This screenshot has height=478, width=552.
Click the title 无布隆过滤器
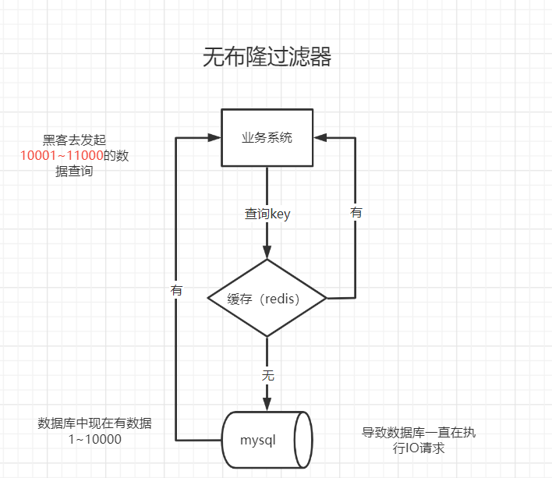[267, 58]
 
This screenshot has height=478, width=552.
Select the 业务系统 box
[267, 137]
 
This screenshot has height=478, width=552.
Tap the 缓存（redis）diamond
[267, 299]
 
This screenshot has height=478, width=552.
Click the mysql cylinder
[264, 440]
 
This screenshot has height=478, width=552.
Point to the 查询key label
[267, 214]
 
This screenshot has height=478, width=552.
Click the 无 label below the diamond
[267, 375]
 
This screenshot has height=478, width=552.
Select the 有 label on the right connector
[356, 212]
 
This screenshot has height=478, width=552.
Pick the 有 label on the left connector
[176, 289]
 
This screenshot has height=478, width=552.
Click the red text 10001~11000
[62, 156]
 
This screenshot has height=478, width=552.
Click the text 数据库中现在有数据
[94, 423]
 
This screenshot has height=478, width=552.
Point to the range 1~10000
[94, 440]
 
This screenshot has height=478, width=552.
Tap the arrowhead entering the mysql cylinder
[267, 404]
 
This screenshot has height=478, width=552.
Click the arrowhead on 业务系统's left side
[214, 137]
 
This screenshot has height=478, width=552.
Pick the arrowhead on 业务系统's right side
[320, 137]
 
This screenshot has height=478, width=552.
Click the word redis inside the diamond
[282, 299]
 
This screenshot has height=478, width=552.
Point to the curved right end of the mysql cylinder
[305, 440]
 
